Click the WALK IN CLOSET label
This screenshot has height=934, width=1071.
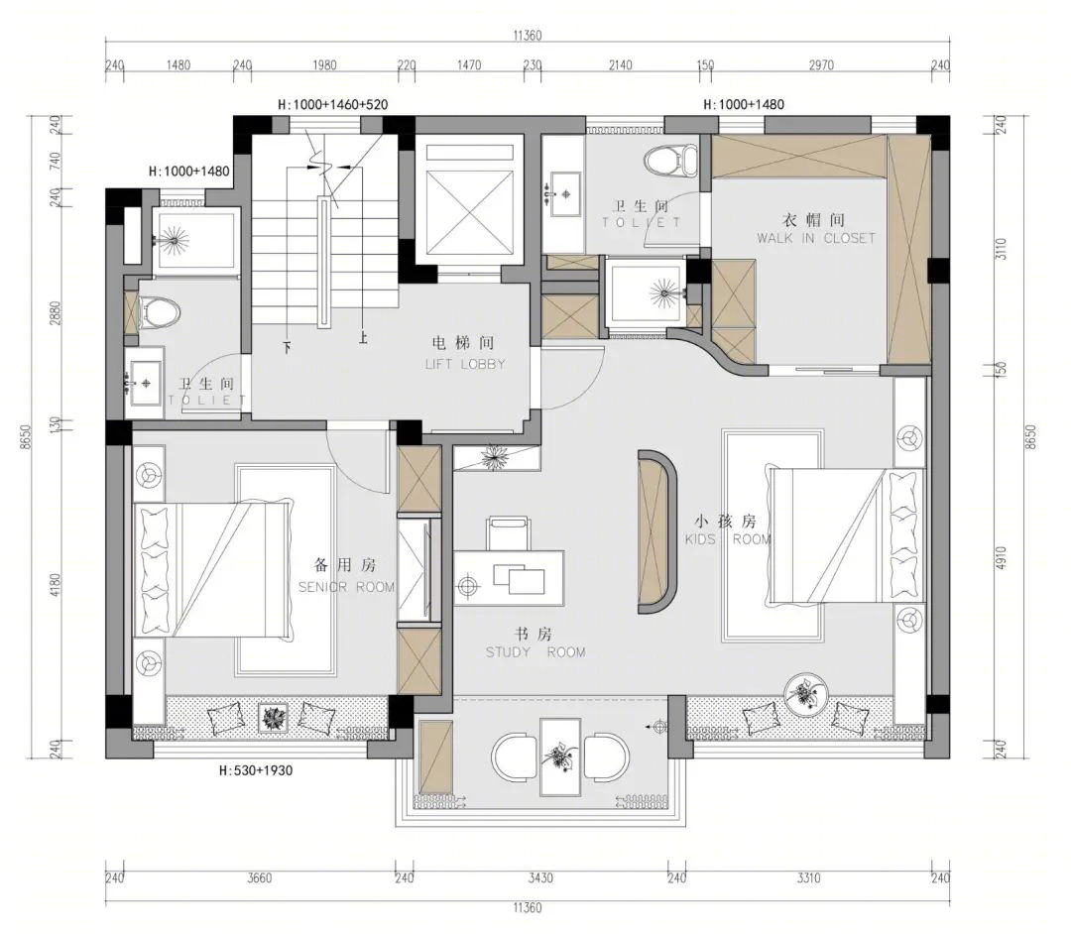(x=815, y=238)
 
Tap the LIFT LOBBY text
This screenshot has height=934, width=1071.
(x=465, y=364)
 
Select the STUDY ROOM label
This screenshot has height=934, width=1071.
(x=535, y=652)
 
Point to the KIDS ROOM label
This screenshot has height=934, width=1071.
(x=728, y=539)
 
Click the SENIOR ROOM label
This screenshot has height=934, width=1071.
(x=346, y=587)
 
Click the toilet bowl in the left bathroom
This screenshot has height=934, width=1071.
(x=159, y=312)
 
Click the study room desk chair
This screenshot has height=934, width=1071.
(x=508, y=533)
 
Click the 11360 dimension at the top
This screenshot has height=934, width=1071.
(x=527, y=36)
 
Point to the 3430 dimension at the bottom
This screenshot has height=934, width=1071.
(x=539, y=877)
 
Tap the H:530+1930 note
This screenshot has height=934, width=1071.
(x=256, y=770)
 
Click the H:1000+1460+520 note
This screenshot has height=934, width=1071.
(x=332, y=104)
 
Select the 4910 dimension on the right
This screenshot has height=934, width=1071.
(x=1001, y=558)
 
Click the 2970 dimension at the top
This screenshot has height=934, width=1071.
(x=821, y=64)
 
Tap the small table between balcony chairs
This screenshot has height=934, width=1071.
(x=560, y=757)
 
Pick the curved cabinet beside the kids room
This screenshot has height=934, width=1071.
(x=656, y=531)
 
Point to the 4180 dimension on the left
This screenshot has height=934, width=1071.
(x=56, y=588)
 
